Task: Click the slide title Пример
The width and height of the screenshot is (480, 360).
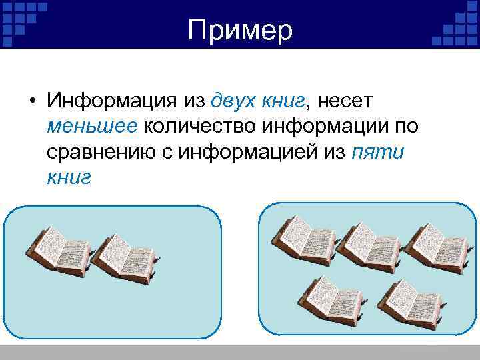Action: [x=240, y=30]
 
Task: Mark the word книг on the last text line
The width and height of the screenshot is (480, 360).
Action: [x=69, y=177]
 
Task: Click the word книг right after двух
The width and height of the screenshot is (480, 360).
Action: [x=282, y=101]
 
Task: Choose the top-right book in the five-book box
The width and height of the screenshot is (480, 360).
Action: [x=434, y=247]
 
